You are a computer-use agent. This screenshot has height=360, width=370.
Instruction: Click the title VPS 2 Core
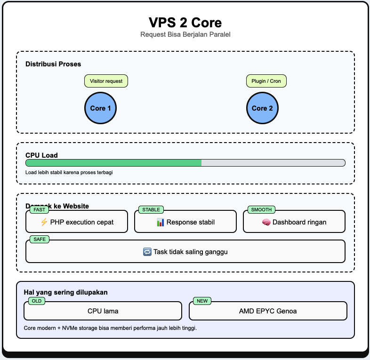click(185, 23)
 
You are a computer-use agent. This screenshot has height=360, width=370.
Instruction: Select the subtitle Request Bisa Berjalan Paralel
click(185, 35)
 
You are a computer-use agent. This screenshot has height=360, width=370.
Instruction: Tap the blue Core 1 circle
click(100, 108)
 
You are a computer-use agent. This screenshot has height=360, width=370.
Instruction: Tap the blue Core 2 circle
click(262, 108)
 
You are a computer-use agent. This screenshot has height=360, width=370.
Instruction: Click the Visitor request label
click(106, 81)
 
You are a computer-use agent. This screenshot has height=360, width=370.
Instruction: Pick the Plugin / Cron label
click(266, 81)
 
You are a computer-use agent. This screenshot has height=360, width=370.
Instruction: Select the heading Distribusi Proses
click(53, 64)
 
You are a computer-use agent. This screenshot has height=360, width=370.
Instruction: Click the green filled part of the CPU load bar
click(113, 163)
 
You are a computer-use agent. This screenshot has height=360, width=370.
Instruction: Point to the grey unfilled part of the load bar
click(273, 163)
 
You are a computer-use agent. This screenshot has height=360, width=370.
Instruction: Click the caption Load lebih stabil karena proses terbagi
click(69, 172)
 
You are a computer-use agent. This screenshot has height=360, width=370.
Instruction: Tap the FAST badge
click(40, 210)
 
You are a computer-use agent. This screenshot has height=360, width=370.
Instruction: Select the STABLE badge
click(151, 210)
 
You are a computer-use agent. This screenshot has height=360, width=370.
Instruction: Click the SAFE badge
click(39, 240)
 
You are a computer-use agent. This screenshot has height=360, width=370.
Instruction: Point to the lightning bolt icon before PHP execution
click(44, 222)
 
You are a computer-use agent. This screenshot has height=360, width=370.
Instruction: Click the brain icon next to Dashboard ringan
click(266, 222)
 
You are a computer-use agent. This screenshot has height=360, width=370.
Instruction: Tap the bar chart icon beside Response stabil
click(160, 222)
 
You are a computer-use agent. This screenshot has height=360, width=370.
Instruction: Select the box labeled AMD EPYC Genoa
click(268, 311)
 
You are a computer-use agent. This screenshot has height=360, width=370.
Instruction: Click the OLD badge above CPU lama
click(37, 301)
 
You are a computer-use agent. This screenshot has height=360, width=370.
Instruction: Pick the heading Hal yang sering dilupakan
click(65, 292)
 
